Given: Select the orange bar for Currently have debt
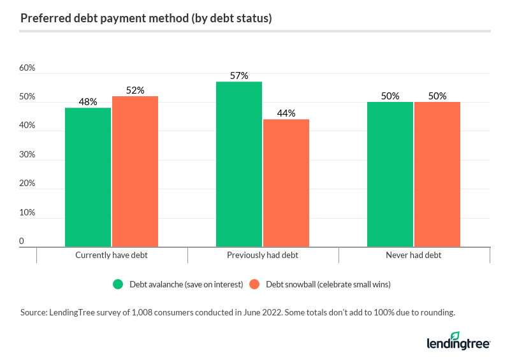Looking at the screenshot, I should click(x=135, y=171).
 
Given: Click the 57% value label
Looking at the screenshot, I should click(x=239, y=76).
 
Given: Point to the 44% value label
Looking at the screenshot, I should click(x=286, y=113).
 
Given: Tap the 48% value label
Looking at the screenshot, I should click(x=88, y=102).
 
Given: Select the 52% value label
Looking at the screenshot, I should click(x=135, y=90).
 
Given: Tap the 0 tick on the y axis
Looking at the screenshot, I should click(x=22, y=241).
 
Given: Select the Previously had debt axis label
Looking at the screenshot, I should click(x=263, y=256).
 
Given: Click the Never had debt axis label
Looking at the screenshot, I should click(x=413, y=256).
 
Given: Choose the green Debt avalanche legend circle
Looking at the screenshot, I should click(x=118, y=285).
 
